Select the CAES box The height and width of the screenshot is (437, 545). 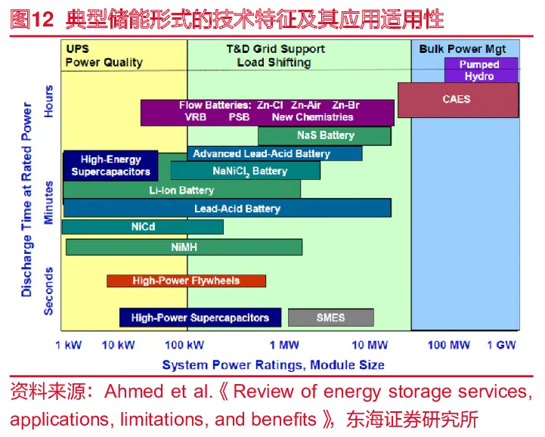pyautogui.click(x=457, y=100)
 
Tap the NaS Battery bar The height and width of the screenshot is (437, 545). pyautogui.click(x=325, y=136)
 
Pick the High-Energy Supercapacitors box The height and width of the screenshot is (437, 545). pyautogui.click(x=110, y=166)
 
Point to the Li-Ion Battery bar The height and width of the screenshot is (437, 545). pyautogui.click(x=181, y=190)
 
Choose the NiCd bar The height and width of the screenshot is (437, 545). pyautogui.click(x=143, y=227)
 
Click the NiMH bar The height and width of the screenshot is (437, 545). pyautogui.click(x=184, y=247)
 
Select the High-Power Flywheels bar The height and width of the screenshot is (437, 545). pyautogui.click(x=186, y=281)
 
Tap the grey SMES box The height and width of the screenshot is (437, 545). pyautogui.click(x=330, y=318)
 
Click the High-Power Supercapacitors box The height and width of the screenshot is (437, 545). pyautogui.click(x=200, y=318)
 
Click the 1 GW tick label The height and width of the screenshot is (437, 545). pyautogui.click(x=501, y=346)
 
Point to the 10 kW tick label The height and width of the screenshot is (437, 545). pyautogui.click(x=118, y=346)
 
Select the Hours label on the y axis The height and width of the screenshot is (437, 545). pyautogui.click(x=48, y=101)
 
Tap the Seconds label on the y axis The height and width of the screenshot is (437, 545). pyautogui.click(x=48, y=290)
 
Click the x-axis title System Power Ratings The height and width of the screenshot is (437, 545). pyautogui.click(x=273, y=365)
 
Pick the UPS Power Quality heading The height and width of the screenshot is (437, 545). pyautogui.click(x=104, y=56)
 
